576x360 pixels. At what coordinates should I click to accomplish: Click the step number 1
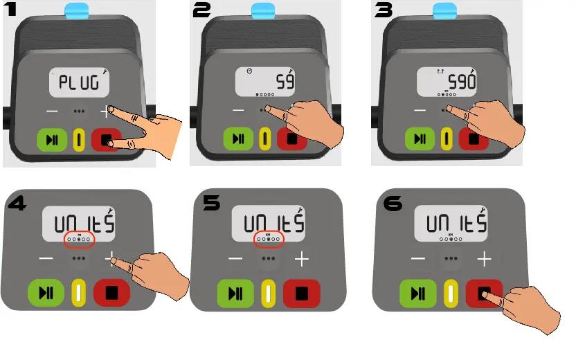[12, 11]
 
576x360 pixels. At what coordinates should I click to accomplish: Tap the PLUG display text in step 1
[78, 84]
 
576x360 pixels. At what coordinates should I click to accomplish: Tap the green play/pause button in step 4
[46, 292]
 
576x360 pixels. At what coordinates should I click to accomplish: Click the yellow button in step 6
[451, 293]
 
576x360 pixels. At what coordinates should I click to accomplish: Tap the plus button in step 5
[302, 259]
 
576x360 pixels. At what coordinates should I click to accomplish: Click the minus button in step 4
[46, 259]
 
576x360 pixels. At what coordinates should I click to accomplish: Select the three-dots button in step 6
[451, 259]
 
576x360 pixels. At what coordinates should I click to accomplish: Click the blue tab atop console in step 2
[263, 10]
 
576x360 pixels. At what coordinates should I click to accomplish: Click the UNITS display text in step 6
[456, 223]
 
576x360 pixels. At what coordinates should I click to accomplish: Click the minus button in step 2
[238, 111]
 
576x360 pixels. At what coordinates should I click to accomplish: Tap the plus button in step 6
[485, 259]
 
